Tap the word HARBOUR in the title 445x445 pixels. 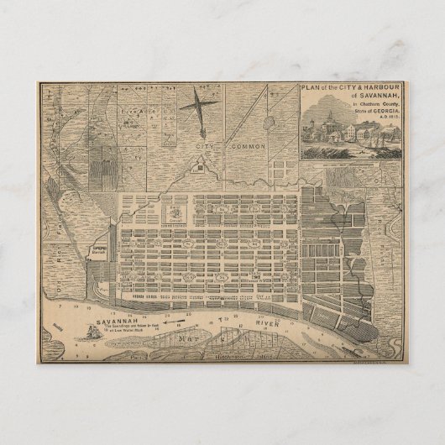click(378, 87)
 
